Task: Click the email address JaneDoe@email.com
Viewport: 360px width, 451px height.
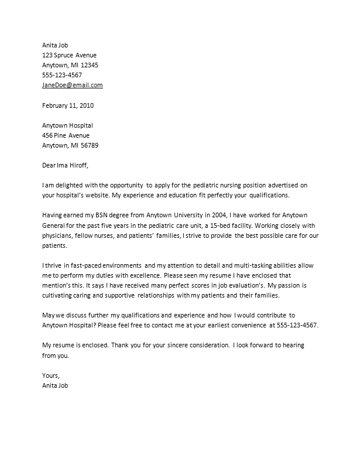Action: pyautogui.click(x=73, y=85)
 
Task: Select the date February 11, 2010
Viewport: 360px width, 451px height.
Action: pyautogui.click(x=68, y=106)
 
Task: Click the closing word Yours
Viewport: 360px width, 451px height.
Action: pyautogui.click(x=52, y=376)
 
